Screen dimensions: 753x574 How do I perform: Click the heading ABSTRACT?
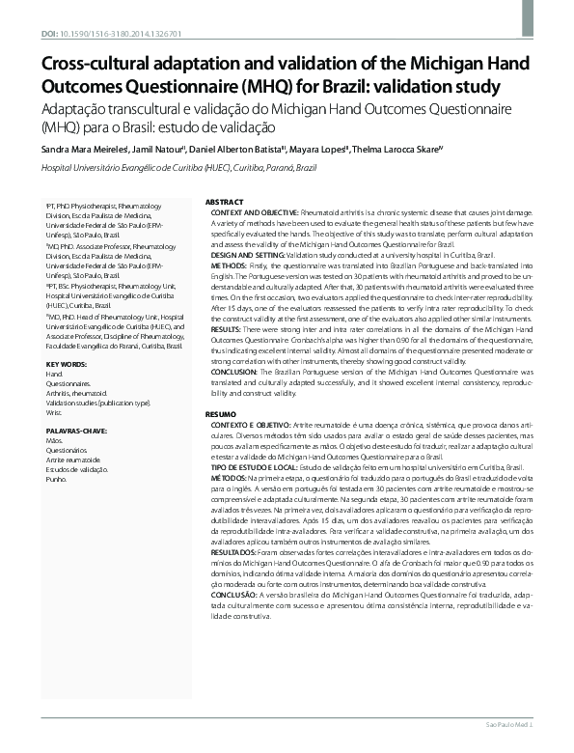pyautogui.click(x=225, y=201)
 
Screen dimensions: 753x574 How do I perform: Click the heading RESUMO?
pyautogui.click(x=222, y=414)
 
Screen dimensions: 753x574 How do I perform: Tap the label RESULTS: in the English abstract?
pyautogui.click(x=229, y=327)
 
